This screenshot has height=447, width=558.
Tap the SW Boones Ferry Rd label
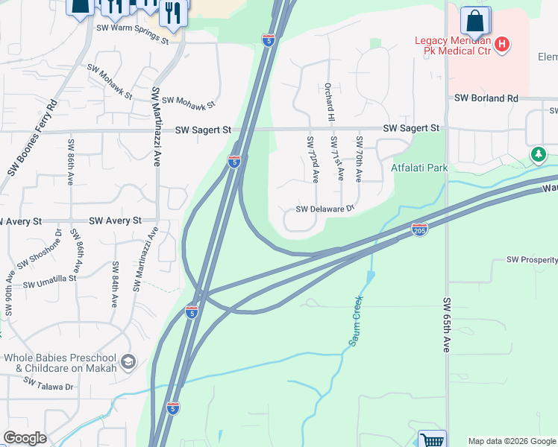[32, 139]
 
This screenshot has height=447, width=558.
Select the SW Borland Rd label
[486, 98]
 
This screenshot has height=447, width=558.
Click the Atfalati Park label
[419, 168]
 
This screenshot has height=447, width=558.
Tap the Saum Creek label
[357, 320]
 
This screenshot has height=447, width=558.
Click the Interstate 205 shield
[419, 231]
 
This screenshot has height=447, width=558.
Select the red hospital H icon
[502, 45]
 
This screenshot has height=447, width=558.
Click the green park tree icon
[538, 154]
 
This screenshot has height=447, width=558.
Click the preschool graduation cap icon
[128, 362]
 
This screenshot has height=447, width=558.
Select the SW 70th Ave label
[359, 159]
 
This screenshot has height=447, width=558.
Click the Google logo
[25, 438]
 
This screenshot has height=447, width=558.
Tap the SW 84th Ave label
[115, 285]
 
